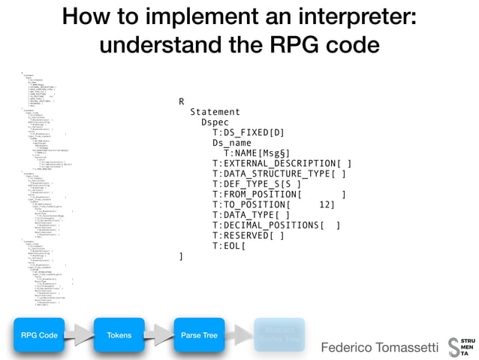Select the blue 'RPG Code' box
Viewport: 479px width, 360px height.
click(39, 335)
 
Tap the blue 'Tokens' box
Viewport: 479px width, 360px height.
click(119, 335)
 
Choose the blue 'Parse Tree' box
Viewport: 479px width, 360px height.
click(200, 335)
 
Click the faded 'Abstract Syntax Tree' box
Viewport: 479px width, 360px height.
click(279, 335)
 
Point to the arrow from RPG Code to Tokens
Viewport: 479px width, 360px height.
click(79, 335)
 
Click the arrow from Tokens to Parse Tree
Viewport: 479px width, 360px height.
click(158, 335)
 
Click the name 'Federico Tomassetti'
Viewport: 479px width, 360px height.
click(378, 348)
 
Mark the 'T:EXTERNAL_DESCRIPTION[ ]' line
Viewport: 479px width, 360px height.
click(282, 164)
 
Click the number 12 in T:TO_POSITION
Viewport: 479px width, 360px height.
click(326, 204)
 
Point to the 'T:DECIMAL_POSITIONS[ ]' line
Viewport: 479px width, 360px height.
click(276, 225)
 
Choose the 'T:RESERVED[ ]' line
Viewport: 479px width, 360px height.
click(248, 235)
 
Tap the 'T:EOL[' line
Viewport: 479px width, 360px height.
click(229, 246)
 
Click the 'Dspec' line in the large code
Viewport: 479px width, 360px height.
click(215, 122)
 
